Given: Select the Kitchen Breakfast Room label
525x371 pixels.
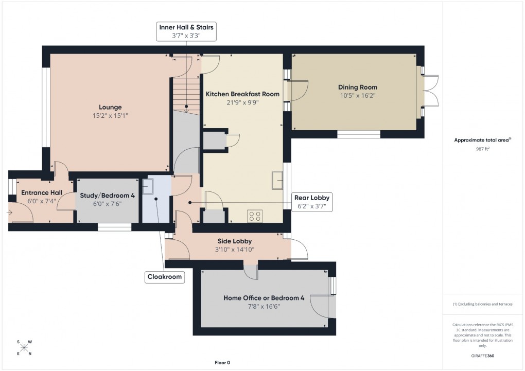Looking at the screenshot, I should pyautogui.click(x=242, y=94).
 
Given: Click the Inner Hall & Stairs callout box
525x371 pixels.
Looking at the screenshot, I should pyautogui.click(x=186, y=31).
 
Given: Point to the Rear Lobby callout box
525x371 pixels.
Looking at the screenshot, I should pyautogui.click(x=311, y=202).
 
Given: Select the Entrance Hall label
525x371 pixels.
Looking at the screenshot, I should pyautogui.click(x=41, y=192).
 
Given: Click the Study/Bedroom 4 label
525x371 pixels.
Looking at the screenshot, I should pyautogui.click(x=108, y=195).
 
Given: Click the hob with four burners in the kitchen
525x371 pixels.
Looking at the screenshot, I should pyautogui.click(x=254, y=216).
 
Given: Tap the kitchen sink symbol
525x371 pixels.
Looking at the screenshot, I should pyautogui.click(x=278, y=181).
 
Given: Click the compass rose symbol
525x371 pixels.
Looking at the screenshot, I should pyautogui.click(x=24, y=348).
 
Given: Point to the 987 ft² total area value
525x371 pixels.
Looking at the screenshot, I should pyautogui.click(x=482, y=148).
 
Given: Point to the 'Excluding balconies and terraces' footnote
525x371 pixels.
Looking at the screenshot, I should pyautogui.click(x=482, y=304).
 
